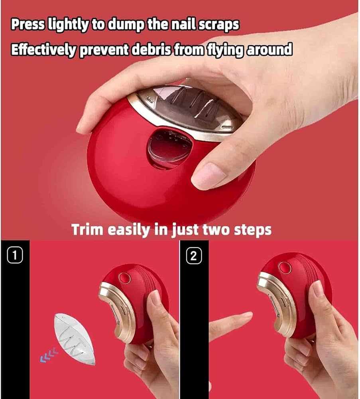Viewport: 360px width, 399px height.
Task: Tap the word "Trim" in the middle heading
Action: [x=87, y=229]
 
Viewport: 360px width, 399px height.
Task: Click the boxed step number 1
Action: [x=15, y=255]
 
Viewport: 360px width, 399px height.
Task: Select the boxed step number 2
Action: [x=194, y=256]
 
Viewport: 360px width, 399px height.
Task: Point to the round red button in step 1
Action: [x=124, y=278]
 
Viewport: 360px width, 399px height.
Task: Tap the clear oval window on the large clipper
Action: [x=169, y=148]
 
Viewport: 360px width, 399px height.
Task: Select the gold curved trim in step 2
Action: [x=276, y=303]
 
